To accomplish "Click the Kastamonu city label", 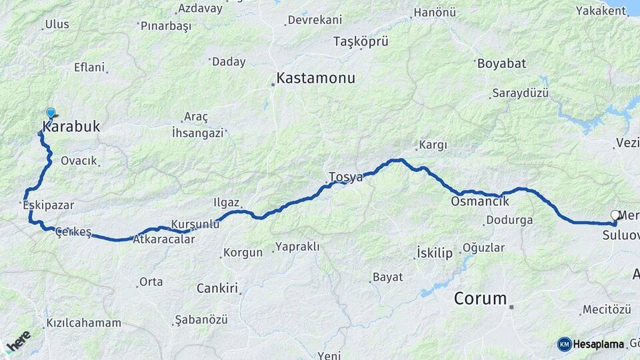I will click(x=315, y=78).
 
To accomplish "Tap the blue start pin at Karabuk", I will click(x=51, y=113).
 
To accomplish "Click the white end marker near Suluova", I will click(x=615, y=215).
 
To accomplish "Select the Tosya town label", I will click(x=345, y=177).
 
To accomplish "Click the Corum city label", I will click(x=480, y=298).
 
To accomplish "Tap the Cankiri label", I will click(x=217, y=289).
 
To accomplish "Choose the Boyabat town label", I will click(x=501, y=64).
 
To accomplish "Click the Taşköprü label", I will click(x=361, y=41).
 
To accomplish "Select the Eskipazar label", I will click(x=48, y=205).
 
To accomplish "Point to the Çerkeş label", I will click(x=73, y=231).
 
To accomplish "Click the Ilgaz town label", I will click(x=226, y=202).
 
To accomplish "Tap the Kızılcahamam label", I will click(x=84, y=323).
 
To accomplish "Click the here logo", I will click(x=18, y=343).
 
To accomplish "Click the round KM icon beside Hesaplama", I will click(x=565, y=344).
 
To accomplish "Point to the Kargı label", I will click(x=433, y=145).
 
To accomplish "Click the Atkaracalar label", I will click(x=164, y=239).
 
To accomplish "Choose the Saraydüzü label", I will click(x=520, y=93).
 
